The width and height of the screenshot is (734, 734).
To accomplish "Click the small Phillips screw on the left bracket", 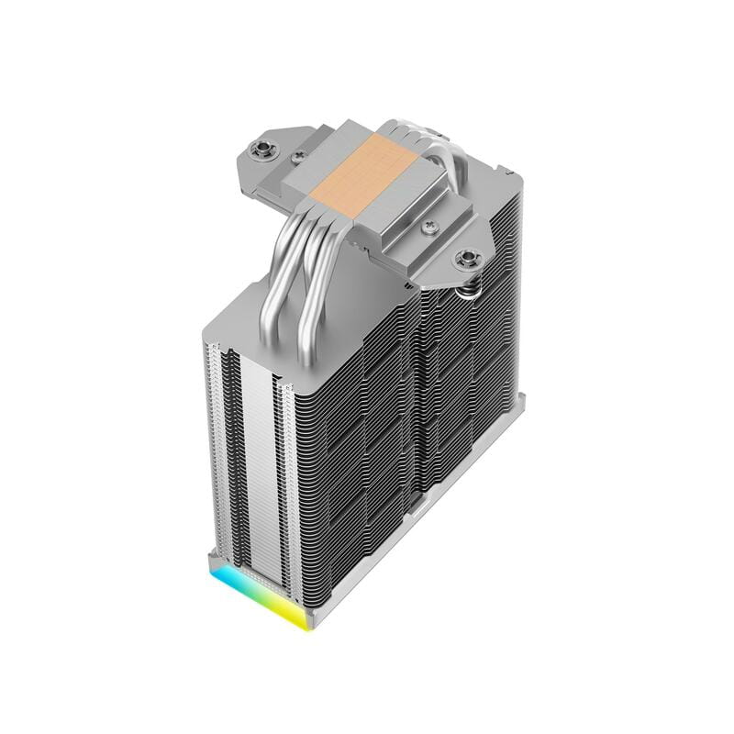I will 297,159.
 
